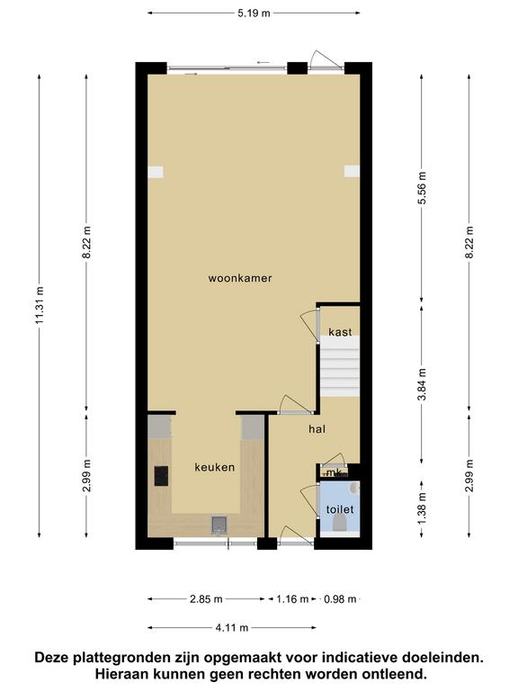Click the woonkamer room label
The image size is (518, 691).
(x=240, y=278)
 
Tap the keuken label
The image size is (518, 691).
(x=215, y=467)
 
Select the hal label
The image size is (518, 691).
(x=317, y=429)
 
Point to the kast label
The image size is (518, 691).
(x=341, y=332)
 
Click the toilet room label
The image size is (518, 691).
(x=340, y=509)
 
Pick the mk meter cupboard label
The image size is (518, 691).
(x=335, y=473)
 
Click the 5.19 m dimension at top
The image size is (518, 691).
(x=255, y=13)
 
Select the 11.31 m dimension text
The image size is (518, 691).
(x=40, y=305)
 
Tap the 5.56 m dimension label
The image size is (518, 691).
(x=422, y=188)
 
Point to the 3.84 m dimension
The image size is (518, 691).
(x=422, y=384)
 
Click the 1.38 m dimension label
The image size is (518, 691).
(x=422, y=509)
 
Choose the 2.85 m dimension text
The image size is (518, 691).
(x=206, y=599)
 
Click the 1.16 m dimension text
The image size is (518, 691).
(x=292, y=599)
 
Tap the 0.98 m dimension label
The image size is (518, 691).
(x=340, y=599)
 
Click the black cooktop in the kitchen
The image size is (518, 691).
(x=161, y=476)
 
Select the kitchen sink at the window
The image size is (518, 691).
(x=219, y=525)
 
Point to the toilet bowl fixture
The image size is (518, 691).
(x=340, y=525)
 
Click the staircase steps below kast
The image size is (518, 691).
(x=340, y=367)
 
